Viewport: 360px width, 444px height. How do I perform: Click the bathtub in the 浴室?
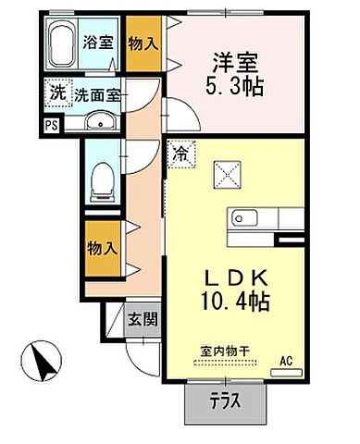pos(62,43)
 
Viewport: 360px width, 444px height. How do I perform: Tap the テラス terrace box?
pos(221,401)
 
